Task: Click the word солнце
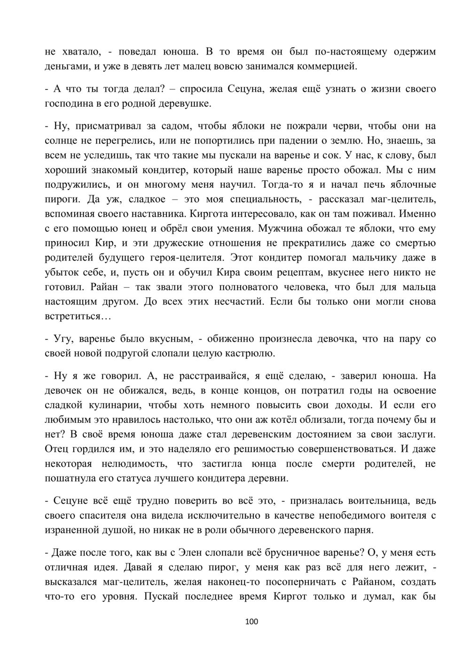[x=61, y=140]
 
